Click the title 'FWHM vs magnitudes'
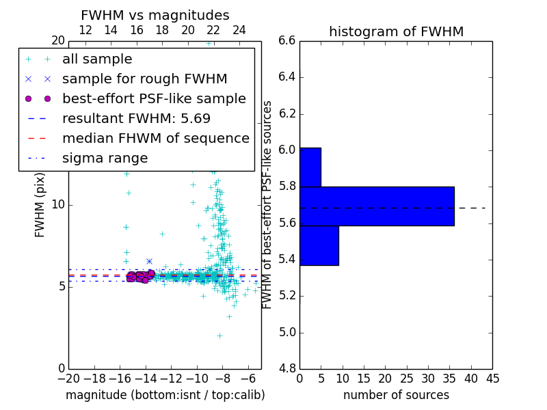[155, 15]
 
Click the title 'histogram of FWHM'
[396, 31]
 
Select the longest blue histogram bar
[377, 206]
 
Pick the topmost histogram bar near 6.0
[310, 167]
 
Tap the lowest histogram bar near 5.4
[319, 245]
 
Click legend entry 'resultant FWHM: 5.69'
[136, 118]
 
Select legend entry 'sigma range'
[105, 159]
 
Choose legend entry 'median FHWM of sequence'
[155, 138]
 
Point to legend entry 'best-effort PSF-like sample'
[154, 98]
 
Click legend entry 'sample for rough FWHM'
[144, 79]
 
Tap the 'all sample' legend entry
[97, 59]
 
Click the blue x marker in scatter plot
[149, 261]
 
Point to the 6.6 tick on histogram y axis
[287, 41]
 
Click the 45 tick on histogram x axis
[492, 379]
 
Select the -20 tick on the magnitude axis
[68, 379]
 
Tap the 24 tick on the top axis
[239, 31]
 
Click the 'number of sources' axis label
[396, 395]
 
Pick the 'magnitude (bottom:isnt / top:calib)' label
[165, 395]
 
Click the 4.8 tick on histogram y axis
[287, 369]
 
